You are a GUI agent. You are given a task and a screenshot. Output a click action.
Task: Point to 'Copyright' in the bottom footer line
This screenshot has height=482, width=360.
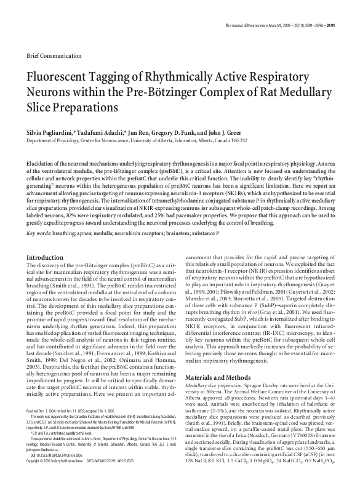pos(33,478)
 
